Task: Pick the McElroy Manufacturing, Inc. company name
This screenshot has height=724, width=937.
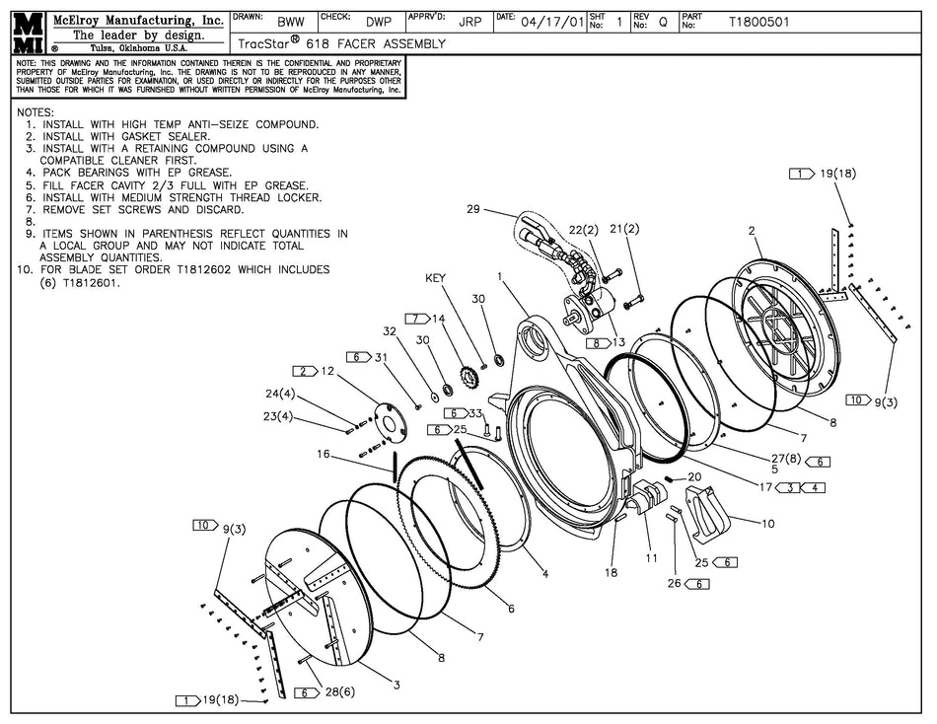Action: click(123, 18)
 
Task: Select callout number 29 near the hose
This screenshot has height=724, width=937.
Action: click(472, 209)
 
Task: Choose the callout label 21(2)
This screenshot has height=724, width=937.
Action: click(625, 229)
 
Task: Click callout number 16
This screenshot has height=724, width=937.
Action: click(324, 455)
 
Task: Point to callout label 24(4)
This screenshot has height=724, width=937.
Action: click(280, 394)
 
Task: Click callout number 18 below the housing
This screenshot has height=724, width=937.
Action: click(611, 572)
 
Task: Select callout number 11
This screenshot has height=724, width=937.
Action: click(651, 557)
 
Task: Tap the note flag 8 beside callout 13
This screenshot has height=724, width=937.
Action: click(597, 342)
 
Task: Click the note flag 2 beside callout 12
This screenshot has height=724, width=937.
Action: click(303, 371)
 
